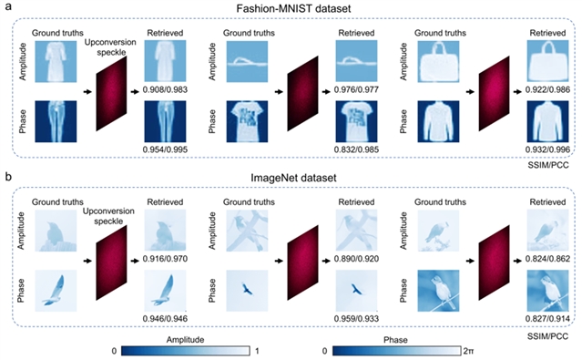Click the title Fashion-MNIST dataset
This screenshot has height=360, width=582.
[x=293, y=8]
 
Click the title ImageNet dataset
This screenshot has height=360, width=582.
[x=293, y=178]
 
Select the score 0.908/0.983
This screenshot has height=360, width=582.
[x=165, y=89]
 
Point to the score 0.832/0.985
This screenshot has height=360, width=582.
[x=356, y=149]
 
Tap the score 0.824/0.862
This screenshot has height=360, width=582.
[x=548, y=259]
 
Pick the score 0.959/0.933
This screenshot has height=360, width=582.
[x=356, y=319]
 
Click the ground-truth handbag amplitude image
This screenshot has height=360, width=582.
[x=438, y=61]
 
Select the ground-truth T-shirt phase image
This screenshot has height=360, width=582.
[x=247, y=121]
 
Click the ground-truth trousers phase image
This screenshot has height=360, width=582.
[x=56, y=121]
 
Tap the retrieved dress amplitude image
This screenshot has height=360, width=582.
[x=165, y=61]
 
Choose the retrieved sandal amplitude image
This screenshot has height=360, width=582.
[x=356, y=61]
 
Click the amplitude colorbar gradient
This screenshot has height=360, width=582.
[x=185, y=351]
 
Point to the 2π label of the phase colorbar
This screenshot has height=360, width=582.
[x=468, y=351]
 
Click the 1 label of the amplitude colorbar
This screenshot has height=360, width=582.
[x=257, y=351]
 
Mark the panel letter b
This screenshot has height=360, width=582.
[x=8, y=177]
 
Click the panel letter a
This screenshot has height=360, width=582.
[x=8, y=7]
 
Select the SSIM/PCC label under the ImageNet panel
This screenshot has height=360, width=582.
[x=548, y=336]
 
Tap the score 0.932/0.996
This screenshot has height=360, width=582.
[x=548, y=149]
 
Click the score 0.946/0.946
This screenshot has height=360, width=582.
[x=165, y=319]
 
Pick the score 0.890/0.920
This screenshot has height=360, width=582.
[x=356, y=259]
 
